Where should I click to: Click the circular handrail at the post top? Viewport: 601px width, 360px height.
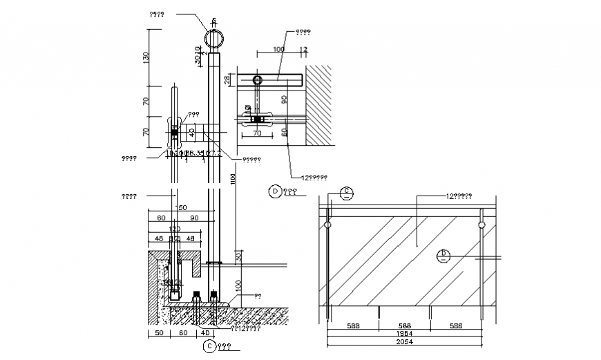(x=215, y=37)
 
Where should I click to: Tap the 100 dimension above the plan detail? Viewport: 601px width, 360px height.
(x=278, y=50)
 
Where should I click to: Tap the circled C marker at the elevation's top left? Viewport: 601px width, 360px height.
(x=347, y=193)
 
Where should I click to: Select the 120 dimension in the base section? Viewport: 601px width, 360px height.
(x=175, y=228)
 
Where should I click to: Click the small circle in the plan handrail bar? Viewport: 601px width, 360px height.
(x=258, y=80)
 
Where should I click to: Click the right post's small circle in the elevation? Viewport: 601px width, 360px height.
(x=479, y=225)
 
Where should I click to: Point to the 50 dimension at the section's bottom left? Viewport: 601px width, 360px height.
(x=159, y=333)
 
